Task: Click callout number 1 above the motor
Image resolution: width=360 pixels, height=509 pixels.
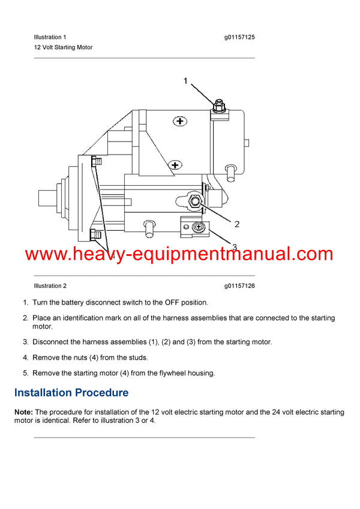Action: click(185, 81)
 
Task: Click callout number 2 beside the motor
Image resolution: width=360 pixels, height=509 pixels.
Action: click(237, 224)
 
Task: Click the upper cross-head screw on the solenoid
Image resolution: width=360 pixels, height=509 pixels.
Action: click(179, 121)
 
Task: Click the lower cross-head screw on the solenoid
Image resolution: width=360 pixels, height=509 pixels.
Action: click(175, 164)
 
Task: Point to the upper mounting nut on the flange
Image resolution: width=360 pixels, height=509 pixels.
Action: click(96, 161)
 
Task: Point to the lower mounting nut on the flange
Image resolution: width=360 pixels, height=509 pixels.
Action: click(95, 234)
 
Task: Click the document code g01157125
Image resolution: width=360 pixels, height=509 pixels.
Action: click(239, 37)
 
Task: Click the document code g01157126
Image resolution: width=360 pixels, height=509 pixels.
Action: click(239, 286)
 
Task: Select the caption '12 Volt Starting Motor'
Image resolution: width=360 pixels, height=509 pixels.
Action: click(63, 47)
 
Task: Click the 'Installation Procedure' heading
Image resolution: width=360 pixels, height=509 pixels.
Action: click(71, 393)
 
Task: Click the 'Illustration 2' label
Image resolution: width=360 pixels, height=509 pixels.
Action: click(50, 286)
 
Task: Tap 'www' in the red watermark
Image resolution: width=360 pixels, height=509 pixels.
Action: click(45, 254)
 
